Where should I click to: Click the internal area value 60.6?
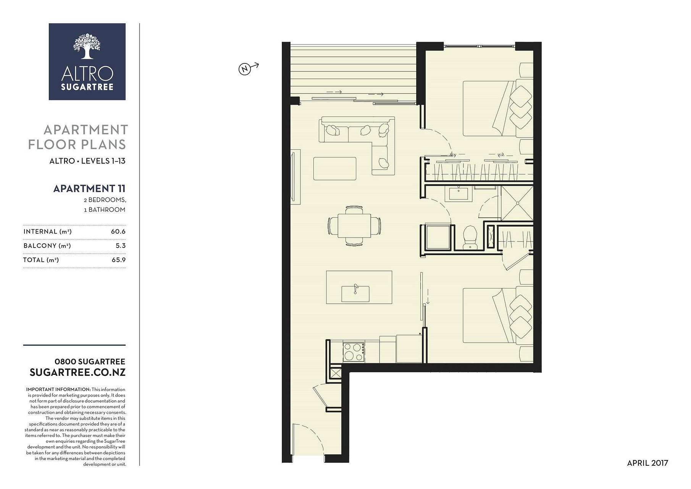[x=118, y=232]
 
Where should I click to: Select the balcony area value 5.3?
[x=121, y=246]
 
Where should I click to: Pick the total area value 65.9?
[x=118, y=260]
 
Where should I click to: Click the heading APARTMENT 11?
[x=89, y=188]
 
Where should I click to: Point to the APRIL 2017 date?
[x=647, y=463]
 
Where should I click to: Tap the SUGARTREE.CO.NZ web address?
[x=77, y=372]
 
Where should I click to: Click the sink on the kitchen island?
[x=355, y=293]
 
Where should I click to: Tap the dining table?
[x=354, y=226]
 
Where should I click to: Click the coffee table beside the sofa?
[x=335, y=168]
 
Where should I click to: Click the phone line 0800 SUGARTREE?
[x=90, y=361]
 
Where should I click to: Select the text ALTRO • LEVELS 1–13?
[x=87, y=161]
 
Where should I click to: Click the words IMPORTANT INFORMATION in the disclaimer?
[x=58, y=389]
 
